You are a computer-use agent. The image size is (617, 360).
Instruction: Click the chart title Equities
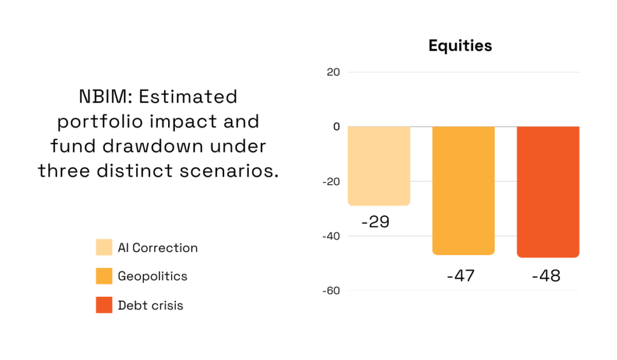tap(460, 45)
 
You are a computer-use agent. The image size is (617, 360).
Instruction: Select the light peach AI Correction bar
tap(379, 166)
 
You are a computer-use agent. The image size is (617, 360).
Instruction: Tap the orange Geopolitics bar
tap(463, 190)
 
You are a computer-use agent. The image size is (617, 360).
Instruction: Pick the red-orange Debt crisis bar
tap(548, 192)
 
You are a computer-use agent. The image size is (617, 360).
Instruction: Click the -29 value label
tap(375, 221)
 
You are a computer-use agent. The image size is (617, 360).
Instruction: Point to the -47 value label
tap(460, 276)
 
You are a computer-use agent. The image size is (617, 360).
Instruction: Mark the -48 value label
tap(546, 276)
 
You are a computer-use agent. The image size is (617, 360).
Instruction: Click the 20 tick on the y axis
tap(333, 72)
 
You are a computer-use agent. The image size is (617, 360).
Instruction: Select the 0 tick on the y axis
tap(336, 127)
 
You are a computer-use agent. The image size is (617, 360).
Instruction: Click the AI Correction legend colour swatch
tap(104, 247)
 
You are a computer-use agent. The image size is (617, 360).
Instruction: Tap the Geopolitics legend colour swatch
tap(104, 276)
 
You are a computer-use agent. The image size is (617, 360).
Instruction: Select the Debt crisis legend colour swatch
tap(104, 305)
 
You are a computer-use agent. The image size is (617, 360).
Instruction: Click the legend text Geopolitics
tap(152, 276)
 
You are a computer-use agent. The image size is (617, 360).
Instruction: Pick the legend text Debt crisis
tap(150, 305)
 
